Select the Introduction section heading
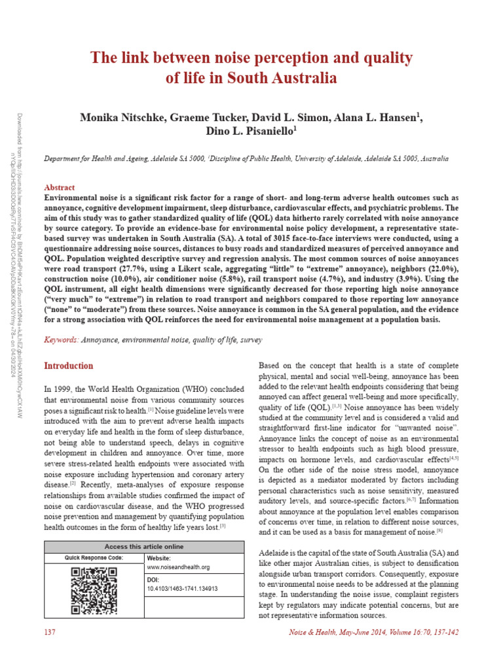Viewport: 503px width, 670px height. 68,365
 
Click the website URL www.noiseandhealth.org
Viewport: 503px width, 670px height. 178,567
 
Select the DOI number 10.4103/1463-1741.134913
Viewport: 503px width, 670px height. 182,588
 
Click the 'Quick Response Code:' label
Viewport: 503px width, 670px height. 94,557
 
